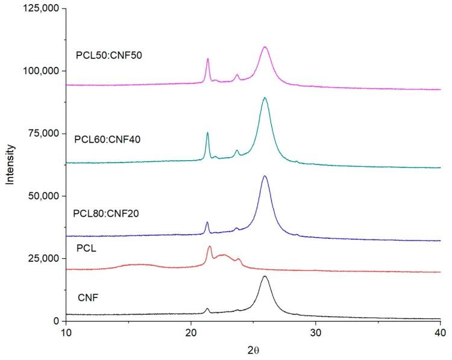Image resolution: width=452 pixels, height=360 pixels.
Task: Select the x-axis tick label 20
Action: coord(191,333)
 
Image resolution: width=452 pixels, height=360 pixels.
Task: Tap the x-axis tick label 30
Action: coord(315,333)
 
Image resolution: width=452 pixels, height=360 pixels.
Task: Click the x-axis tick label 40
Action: coord(440,333)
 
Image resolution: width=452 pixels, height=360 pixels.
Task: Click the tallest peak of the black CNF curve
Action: coord(265,276)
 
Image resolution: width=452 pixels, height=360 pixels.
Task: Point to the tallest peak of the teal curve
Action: coord(265,98)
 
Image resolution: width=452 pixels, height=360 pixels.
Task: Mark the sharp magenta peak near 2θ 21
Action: coord(208,59)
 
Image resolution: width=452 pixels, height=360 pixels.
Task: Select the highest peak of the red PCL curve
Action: coord(210,246)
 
